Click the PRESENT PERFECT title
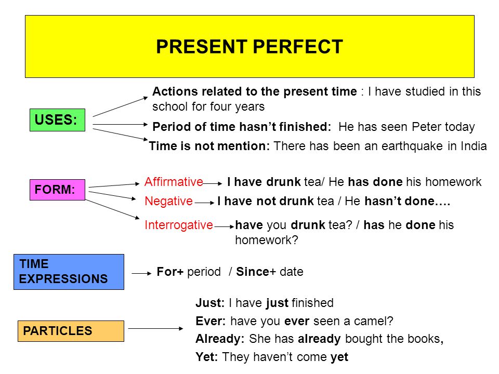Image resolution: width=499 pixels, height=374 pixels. (249, 46)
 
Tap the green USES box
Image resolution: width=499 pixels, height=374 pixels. (57, 120)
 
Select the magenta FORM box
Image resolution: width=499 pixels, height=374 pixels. (57, 190)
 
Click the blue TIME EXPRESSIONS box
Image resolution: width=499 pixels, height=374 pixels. (69, 272)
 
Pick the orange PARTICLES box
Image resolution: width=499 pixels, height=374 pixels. (71, 331)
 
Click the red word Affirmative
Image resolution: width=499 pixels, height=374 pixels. (174, 182)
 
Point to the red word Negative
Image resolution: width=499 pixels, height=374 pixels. (168, 202)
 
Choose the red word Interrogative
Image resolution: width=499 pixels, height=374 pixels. (178, 225)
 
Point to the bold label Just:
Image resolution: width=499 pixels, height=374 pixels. (210, 303)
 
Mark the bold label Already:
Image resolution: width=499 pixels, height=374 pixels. (220, 339)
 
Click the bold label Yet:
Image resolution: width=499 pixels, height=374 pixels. (206, 357)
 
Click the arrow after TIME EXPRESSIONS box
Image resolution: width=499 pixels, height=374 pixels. (141, 273)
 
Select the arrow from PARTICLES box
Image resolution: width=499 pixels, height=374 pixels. (155, 328)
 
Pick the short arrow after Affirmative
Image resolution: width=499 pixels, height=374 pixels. (213, 183)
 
